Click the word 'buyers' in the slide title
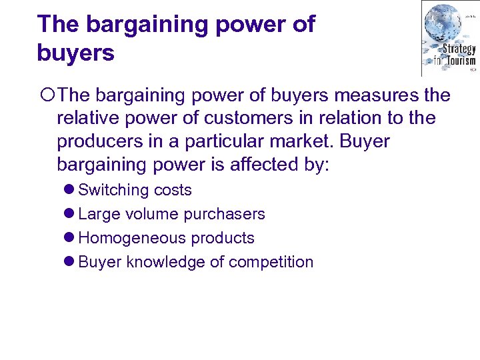pyautogui.click(x=76, y=53)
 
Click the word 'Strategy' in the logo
pyautogui.click(x=459, y=49)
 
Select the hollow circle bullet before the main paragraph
pyautogui.click(x=48, y=96)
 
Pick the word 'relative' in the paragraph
pyautogui.click(x=84, y=119)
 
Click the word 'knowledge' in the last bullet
pyautogui.click(x=165, y=262)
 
